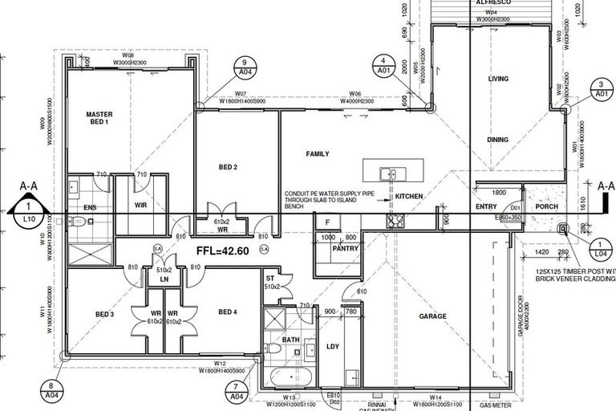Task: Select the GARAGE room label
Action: pos(432,316)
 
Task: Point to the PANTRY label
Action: pos(346,249)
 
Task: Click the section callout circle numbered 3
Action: pos(601,88)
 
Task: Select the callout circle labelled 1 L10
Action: pos(29,213)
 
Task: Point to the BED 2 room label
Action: pos(229,167)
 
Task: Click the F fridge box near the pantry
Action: pos(327,222)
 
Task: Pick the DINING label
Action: pos(497,140)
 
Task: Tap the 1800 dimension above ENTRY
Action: pos(498,193)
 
